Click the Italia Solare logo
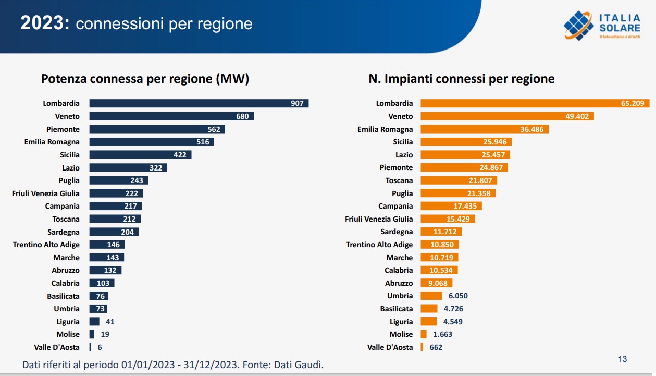point(601,26)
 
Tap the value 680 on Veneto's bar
point(242,116)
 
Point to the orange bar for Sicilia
point(465,142)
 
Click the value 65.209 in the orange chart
point(632,103)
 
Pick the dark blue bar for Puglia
point(118,180)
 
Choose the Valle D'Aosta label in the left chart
point(57,347)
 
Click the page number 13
point(622,359)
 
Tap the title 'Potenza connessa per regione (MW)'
point(145,79)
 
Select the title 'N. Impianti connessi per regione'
point(462,79)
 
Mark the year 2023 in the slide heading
point(44,23)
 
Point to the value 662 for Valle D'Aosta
point(436,347)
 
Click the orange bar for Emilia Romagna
point(484,129)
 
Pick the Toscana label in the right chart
point(399,180)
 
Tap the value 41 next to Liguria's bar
point(110,322)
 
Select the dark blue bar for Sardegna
point(114,232)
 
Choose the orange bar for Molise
point(424,334)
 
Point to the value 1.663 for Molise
point(443,334)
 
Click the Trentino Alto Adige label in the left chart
point(46,245)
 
